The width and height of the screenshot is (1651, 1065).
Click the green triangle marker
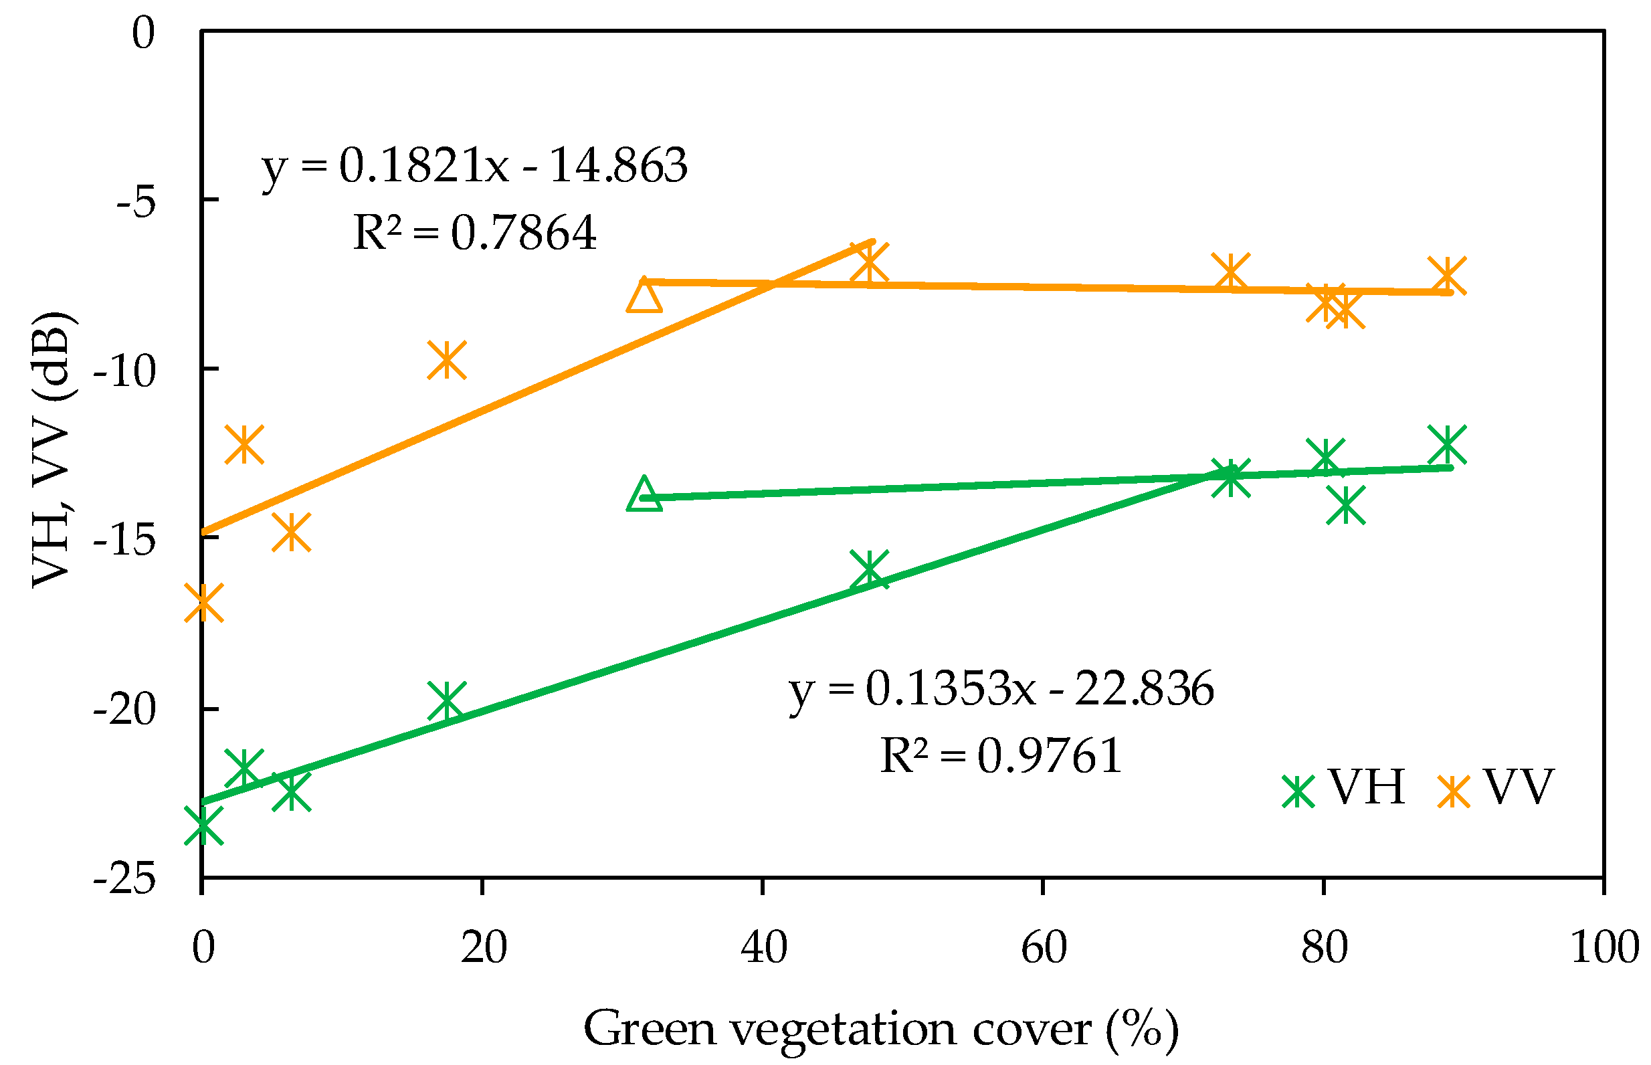pos(644,495)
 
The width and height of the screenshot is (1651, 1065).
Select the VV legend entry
pos(1495,787)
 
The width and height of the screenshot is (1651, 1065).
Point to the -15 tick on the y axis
pos(124,540)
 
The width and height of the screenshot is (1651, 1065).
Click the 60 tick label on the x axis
pos(1044,947)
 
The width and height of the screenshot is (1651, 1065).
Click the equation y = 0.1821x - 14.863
pos(474,166)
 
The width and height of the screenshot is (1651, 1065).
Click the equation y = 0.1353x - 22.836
pos(1001,689)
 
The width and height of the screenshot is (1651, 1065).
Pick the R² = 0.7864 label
pos(474,232)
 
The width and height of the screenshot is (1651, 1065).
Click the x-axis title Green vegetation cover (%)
pos(881,1028)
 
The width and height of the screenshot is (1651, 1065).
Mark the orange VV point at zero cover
pos(203,601)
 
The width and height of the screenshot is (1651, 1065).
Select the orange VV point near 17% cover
pos(447,361)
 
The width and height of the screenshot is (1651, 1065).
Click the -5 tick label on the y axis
pos(136,203)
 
